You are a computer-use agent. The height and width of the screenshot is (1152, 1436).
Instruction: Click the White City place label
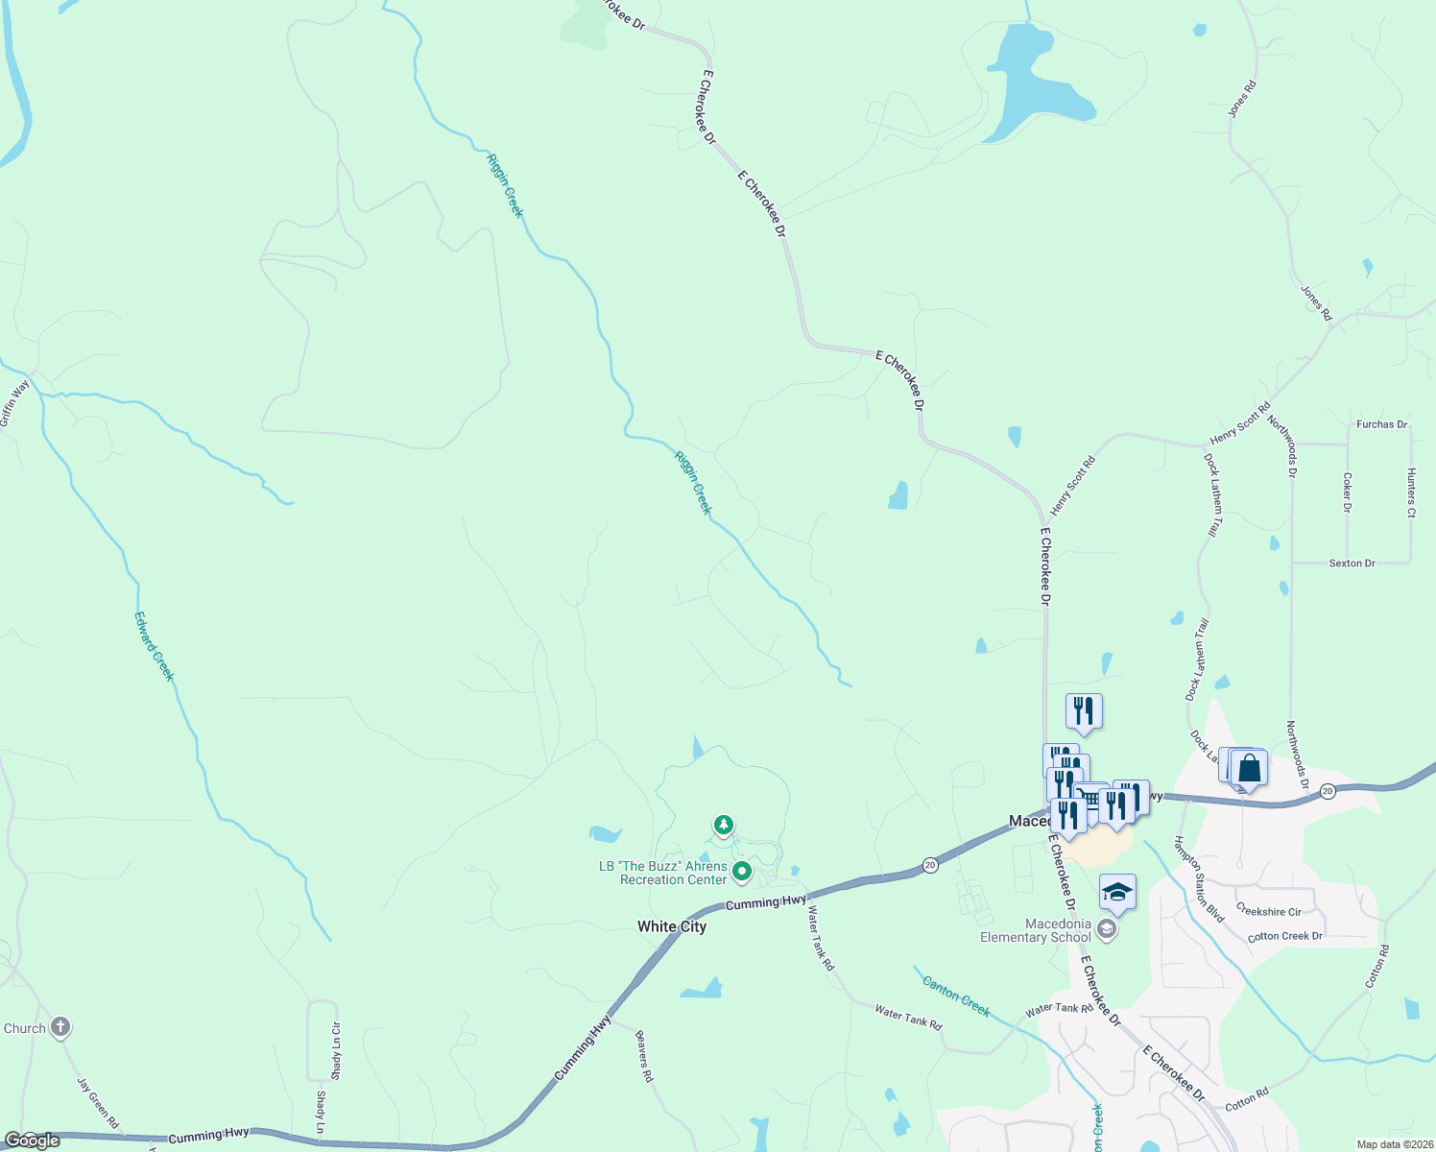pos(672,926)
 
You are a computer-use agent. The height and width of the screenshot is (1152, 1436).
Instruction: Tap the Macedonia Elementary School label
pos(1035,930)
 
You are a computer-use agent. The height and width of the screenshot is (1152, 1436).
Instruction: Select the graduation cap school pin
pos(1117,894)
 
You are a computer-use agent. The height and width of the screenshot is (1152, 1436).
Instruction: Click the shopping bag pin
pos(1249,768)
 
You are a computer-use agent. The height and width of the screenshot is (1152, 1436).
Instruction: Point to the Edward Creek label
pos(155,646)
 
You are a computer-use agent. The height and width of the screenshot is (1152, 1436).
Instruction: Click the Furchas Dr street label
pos(1381,424)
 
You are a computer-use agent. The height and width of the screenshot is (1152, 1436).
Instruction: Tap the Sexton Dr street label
pos(1352,564)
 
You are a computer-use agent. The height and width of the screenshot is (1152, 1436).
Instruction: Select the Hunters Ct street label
pos(1411,492)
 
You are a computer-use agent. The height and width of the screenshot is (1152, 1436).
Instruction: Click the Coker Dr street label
pos(1348,492)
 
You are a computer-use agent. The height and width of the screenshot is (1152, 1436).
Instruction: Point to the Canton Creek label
pos(956,996)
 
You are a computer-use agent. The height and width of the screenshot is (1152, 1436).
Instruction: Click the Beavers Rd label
pos(645,1057)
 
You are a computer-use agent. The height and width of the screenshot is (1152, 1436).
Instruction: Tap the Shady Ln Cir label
pos(336,1050)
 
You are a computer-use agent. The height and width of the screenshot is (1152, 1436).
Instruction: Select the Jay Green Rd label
pos(98,1103)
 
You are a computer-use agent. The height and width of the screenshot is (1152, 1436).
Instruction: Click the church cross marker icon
pos(60,1028)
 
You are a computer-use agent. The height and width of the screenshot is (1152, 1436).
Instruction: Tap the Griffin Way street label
pos(14,404)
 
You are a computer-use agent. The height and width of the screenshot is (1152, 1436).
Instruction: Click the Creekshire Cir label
pos(1268,911)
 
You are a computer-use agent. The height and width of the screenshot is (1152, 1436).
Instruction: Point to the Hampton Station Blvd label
pos(1200,879)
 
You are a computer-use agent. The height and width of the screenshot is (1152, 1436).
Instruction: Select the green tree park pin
pos(724,825)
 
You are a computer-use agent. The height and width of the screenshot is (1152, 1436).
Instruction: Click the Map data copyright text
pos(1393,1144)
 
